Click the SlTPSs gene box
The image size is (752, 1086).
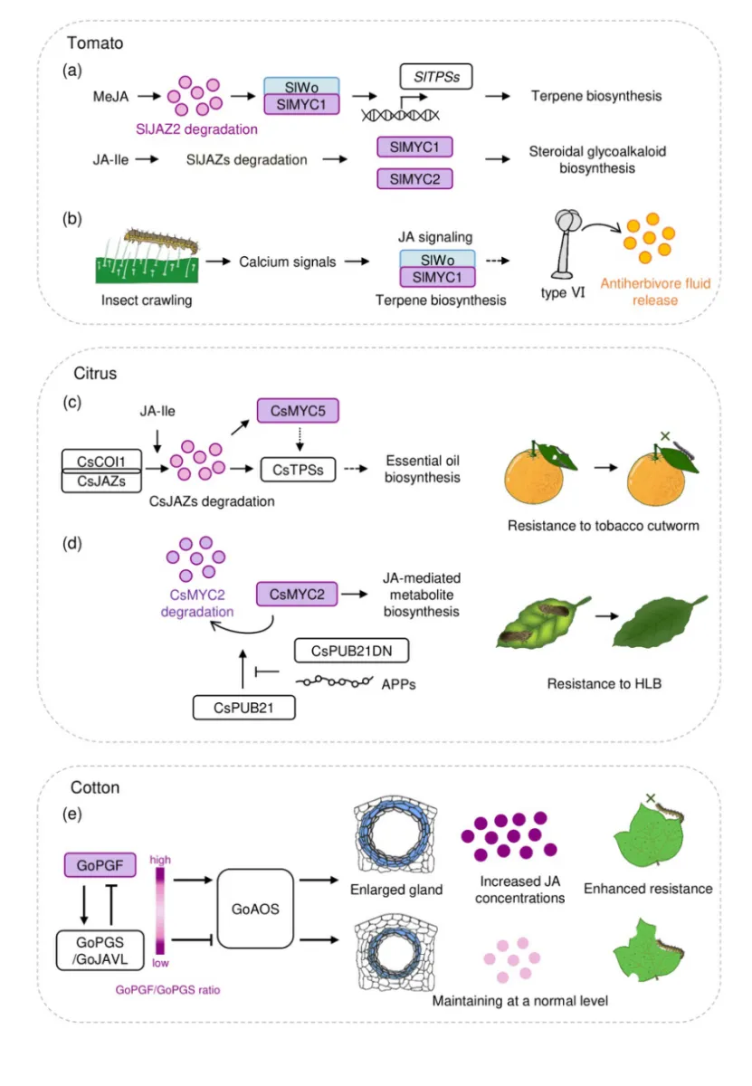tap(436, 78)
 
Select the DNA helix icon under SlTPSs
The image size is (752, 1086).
tap(400, 114)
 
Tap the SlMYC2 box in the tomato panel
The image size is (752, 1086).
tap(414, 179)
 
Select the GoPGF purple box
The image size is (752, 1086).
tap(100, 866)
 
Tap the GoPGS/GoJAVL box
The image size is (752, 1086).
tap(99, 950)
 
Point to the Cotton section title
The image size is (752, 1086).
tap(95, 788)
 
